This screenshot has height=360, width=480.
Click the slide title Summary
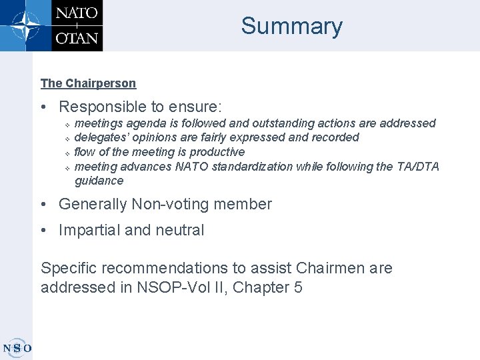pos(291,26)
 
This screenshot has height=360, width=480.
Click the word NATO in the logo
pos(76,14)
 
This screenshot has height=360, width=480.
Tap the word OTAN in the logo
pos(76,37)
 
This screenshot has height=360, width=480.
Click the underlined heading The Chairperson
pos(88,83)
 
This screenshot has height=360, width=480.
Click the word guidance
pos(99,181)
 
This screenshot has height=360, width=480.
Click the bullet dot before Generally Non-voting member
pos(44,204)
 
